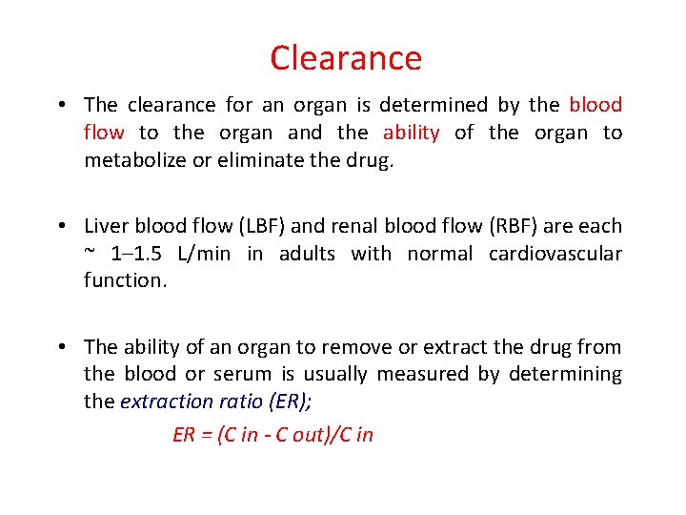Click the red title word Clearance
[345, 58]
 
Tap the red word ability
[411, 133]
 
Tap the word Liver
[107, 226]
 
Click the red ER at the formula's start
[183, 435]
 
